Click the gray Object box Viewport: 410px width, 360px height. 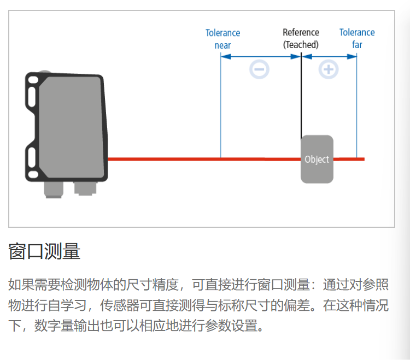pyautogui.click(x=317, y=159)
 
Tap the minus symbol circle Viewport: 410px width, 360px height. pyautogui.click(x=259, y=69)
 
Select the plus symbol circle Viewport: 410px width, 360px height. pyautogui.click(x=329, y=69)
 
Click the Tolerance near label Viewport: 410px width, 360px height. pyautogui.click(x=222, y=39)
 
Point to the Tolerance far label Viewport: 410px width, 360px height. pyautogui.click(x=357, y=39)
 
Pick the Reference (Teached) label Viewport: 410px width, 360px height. pyautogui.click(x=301, y=39)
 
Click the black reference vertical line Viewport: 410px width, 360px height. pyautogui.click(x=301, y=98)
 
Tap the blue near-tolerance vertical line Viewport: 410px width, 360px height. pyautogui.click(x=220, y=109)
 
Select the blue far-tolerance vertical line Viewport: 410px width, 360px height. pyautogui.click(x=357, y=109)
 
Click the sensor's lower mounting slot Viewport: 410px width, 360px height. pyautogui.click(x=33, y=159)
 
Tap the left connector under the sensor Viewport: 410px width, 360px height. pyautogui.click(x=54, y=189)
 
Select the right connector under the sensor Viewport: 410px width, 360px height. pyautogui.click(x=85, y=188)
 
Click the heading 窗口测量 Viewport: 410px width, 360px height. pyautogui.click(x=44, y=252)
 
